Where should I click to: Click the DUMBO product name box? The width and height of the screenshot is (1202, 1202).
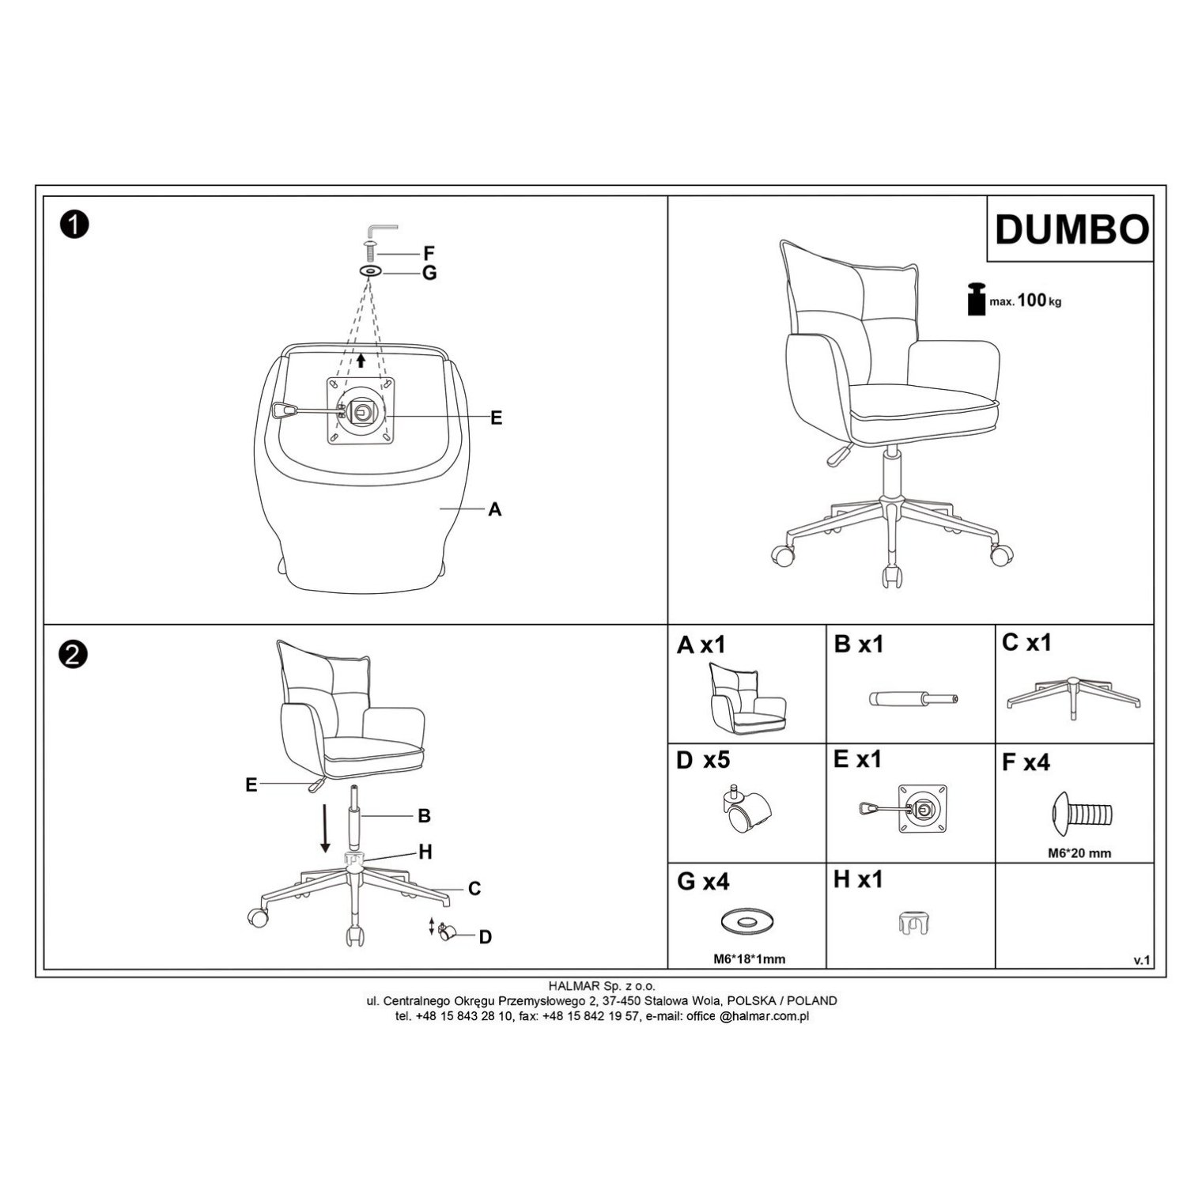[1069, 229]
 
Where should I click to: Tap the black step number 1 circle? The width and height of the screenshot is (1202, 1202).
[73, 225]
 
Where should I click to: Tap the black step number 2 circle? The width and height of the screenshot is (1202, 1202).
[73, 655]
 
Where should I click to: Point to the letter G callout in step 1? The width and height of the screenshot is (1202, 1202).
[429, 273]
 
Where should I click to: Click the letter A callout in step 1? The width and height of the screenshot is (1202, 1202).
[495, 510]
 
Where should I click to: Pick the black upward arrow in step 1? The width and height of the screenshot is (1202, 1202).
[361, 361]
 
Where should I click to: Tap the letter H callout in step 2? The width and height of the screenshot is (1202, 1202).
[425, 852]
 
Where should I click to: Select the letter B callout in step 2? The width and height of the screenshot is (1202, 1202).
[424, 815]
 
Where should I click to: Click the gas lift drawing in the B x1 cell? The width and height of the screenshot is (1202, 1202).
[914, 699]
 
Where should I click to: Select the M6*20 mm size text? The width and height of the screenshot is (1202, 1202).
[1078, 853]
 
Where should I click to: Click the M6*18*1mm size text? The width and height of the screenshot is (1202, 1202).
[745, 959]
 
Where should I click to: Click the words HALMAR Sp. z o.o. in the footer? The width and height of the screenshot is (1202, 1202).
[601, 986]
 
